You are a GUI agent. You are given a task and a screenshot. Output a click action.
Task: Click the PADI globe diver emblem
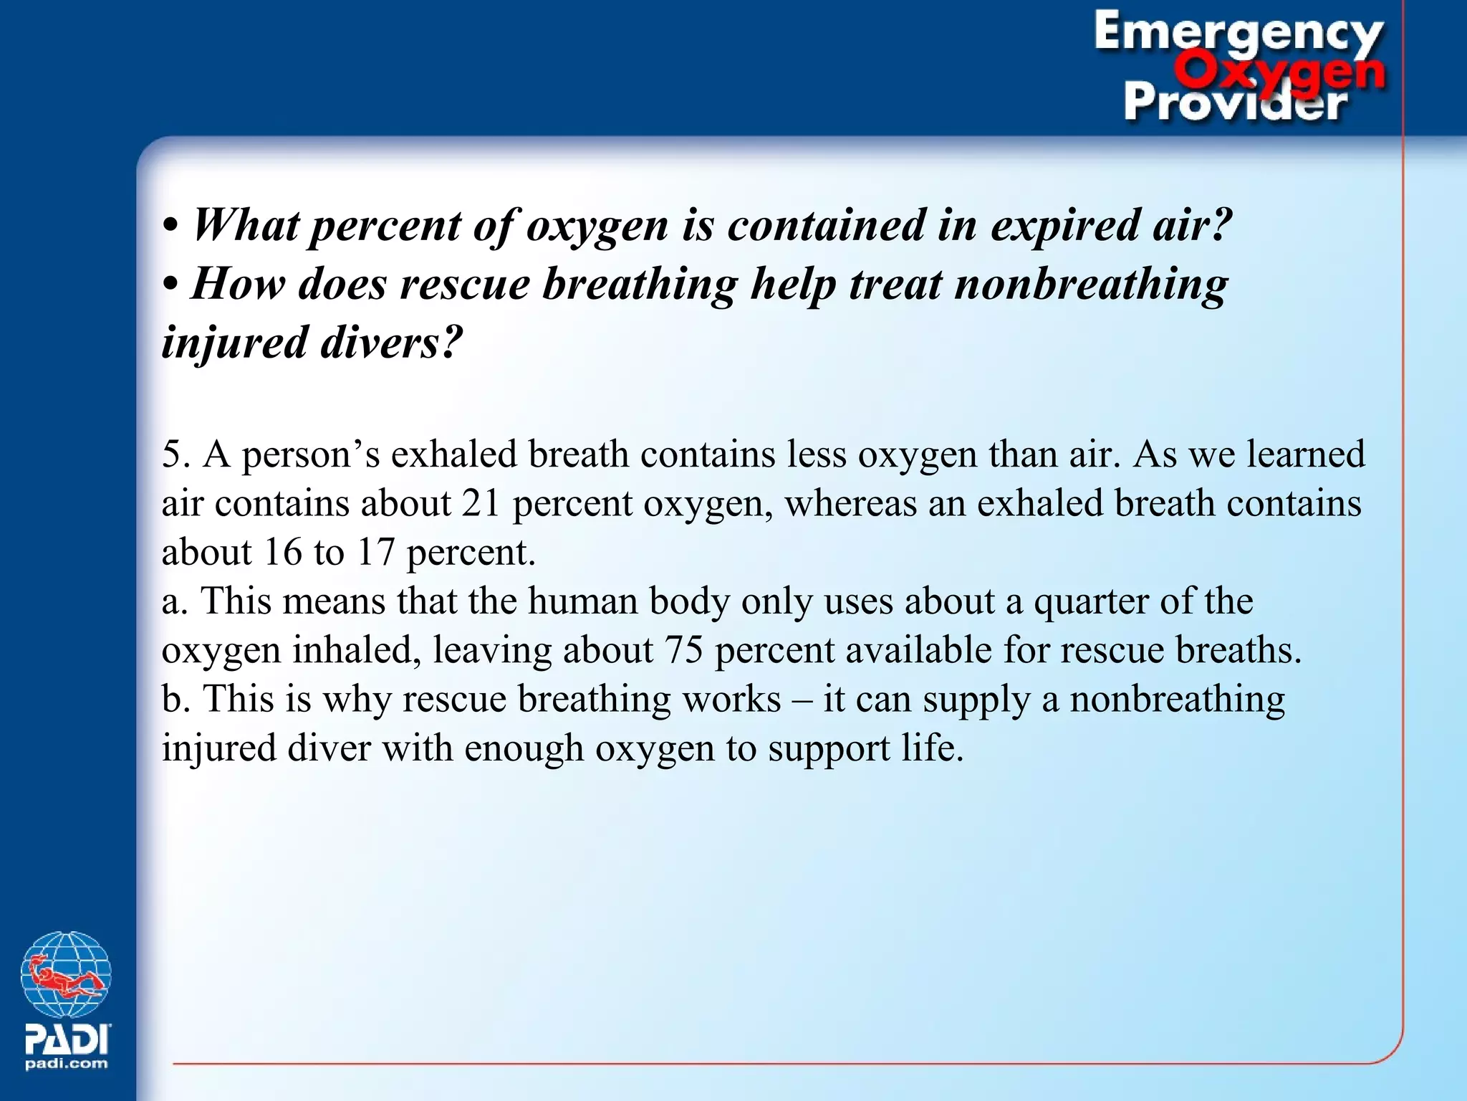(66, 974)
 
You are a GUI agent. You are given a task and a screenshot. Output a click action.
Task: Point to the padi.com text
(67, 1064)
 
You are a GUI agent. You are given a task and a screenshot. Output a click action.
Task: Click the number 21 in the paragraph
(480, 503)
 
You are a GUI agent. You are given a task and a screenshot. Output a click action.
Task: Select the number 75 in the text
(683, 650)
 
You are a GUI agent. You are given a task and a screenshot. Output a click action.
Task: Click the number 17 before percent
(375, 553)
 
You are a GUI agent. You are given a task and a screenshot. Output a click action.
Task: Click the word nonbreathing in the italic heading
(1091, 285)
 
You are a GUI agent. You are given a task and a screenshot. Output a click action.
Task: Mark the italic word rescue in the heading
(464, 285)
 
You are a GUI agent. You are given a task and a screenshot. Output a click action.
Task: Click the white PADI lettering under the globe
(67, 1038)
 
